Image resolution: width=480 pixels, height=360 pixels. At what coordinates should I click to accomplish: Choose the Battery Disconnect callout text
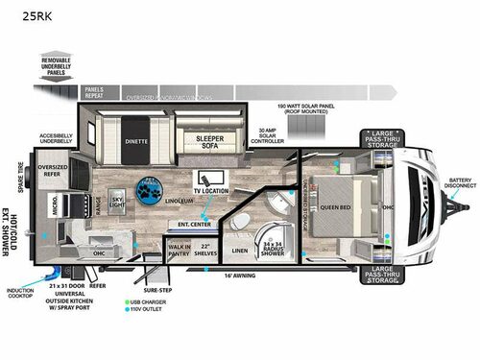tap(460, 182)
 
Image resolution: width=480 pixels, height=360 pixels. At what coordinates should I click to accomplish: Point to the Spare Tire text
tap(19, 178)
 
